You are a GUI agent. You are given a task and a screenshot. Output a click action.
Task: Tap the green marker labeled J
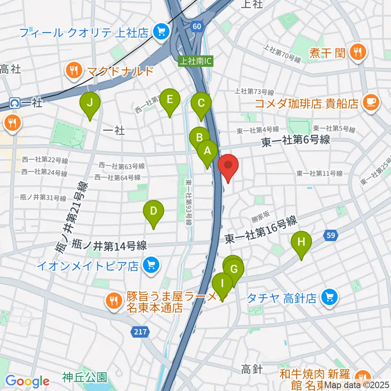click(90, 103)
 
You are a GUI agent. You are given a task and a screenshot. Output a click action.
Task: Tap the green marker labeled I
click(222, 284)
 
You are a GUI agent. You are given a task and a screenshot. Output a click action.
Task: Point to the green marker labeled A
click(207, 152)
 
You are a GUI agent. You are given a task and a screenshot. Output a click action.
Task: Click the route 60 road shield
click(197, 26)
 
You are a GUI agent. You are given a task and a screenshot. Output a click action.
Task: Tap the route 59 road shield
click(330, 235)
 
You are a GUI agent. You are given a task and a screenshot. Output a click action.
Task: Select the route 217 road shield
click(139, 333)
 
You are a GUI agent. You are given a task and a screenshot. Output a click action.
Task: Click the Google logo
click(27, 381)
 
